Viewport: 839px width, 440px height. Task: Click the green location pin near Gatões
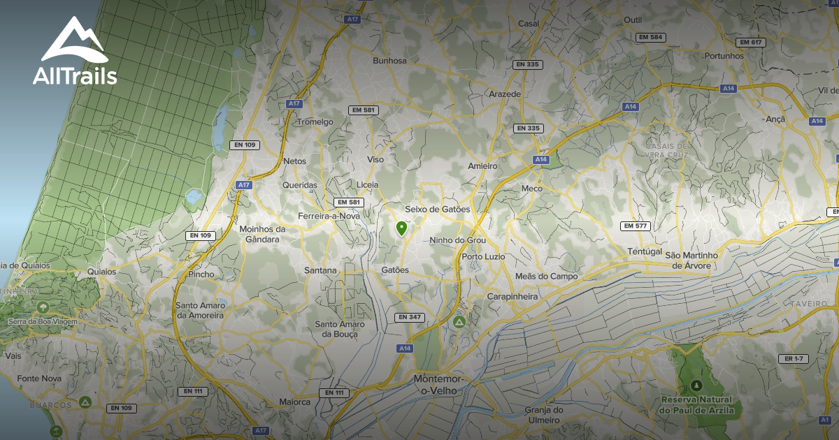coord(401,228)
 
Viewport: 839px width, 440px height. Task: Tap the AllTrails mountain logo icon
coord(73,40)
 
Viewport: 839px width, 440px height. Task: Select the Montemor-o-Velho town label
coord(438,384)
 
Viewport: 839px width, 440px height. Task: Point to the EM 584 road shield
coord(651,37)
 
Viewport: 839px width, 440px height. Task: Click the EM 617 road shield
coord(750,43)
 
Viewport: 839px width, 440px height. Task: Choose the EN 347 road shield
coord(409,317)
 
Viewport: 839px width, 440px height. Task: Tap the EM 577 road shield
coord(636,226)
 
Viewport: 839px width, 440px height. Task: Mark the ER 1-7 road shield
coord(793,359)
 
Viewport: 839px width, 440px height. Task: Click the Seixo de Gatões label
coord(438,210)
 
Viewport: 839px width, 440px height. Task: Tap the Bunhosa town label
coord(389,61)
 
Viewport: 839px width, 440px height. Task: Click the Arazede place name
coord(505,94)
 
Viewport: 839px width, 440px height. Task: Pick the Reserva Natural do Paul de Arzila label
coord(696,405)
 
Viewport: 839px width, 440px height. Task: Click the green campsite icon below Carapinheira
coord(459,322)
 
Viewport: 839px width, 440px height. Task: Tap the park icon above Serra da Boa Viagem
coord(43,307)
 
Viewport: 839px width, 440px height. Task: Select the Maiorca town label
coord(294,402)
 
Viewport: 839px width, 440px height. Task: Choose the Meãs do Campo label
coord(546,277)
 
